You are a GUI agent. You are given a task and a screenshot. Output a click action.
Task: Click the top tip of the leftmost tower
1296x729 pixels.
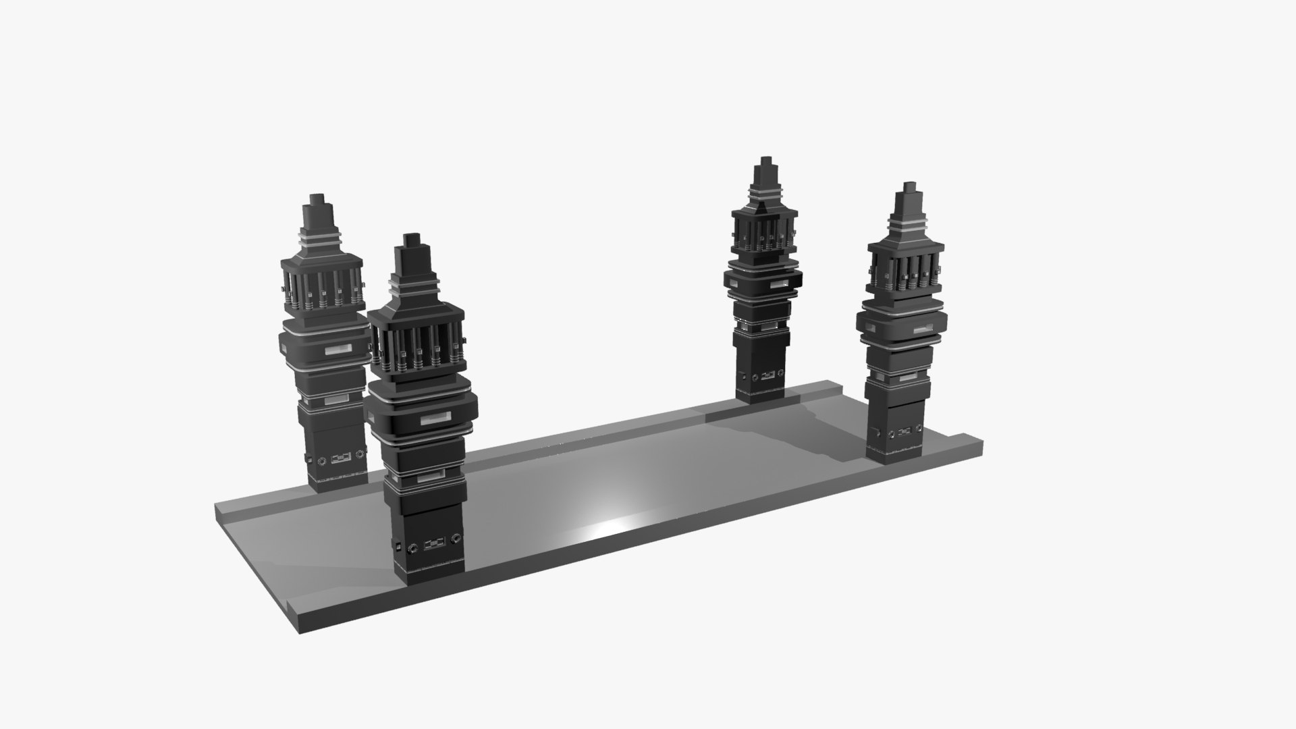[x=316, y=197]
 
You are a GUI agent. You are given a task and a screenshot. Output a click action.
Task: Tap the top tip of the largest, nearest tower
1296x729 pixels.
[x=412, y=236]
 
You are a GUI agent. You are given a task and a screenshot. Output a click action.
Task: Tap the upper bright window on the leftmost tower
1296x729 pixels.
[x=337, y=351]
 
